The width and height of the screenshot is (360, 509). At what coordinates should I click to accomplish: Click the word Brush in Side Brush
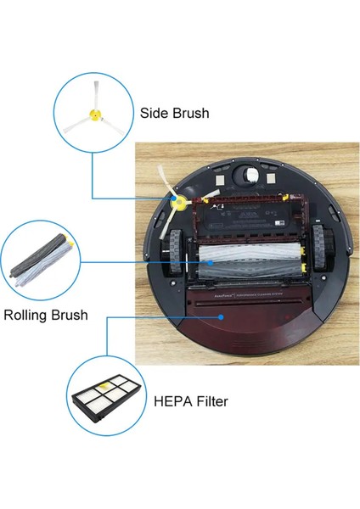pos(191,113)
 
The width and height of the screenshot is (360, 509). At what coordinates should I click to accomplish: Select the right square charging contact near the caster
pos(278,181)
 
